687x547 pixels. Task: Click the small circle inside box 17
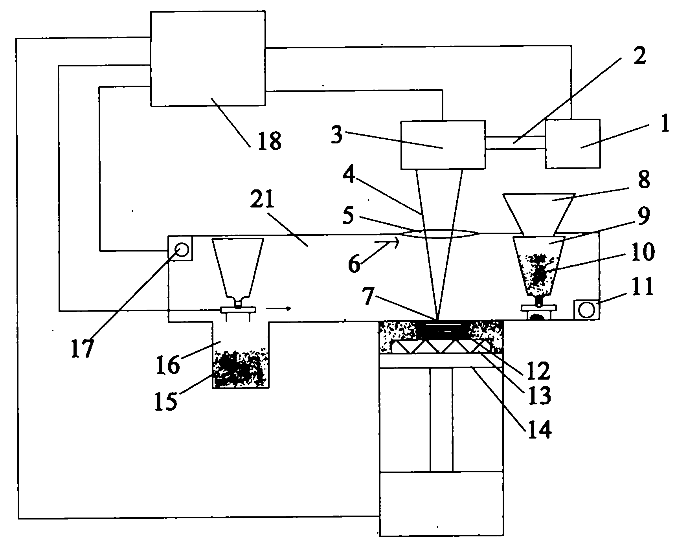pos(182,250)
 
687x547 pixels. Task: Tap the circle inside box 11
pos(587,310)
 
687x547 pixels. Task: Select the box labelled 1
pos(573,143)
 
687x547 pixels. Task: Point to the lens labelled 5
pos(438,234)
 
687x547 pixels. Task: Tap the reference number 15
pos(166,402)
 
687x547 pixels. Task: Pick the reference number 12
pos(538,371)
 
